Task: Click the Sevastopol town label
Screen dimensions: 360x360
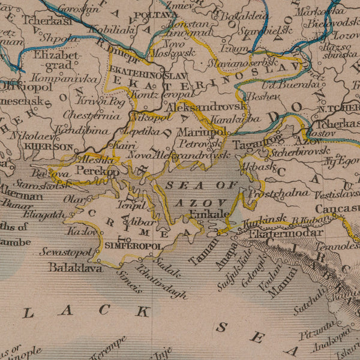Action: (66, 252)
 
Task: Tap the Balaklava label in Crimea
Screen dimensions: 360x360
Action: (76, 268)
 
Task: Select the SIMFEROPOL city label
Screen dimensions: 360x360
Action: (133, 246)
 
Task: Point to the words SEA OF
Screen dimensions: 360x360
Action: (201, 185)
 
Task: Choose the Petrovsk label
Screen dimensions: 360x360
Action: (200, 144)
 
